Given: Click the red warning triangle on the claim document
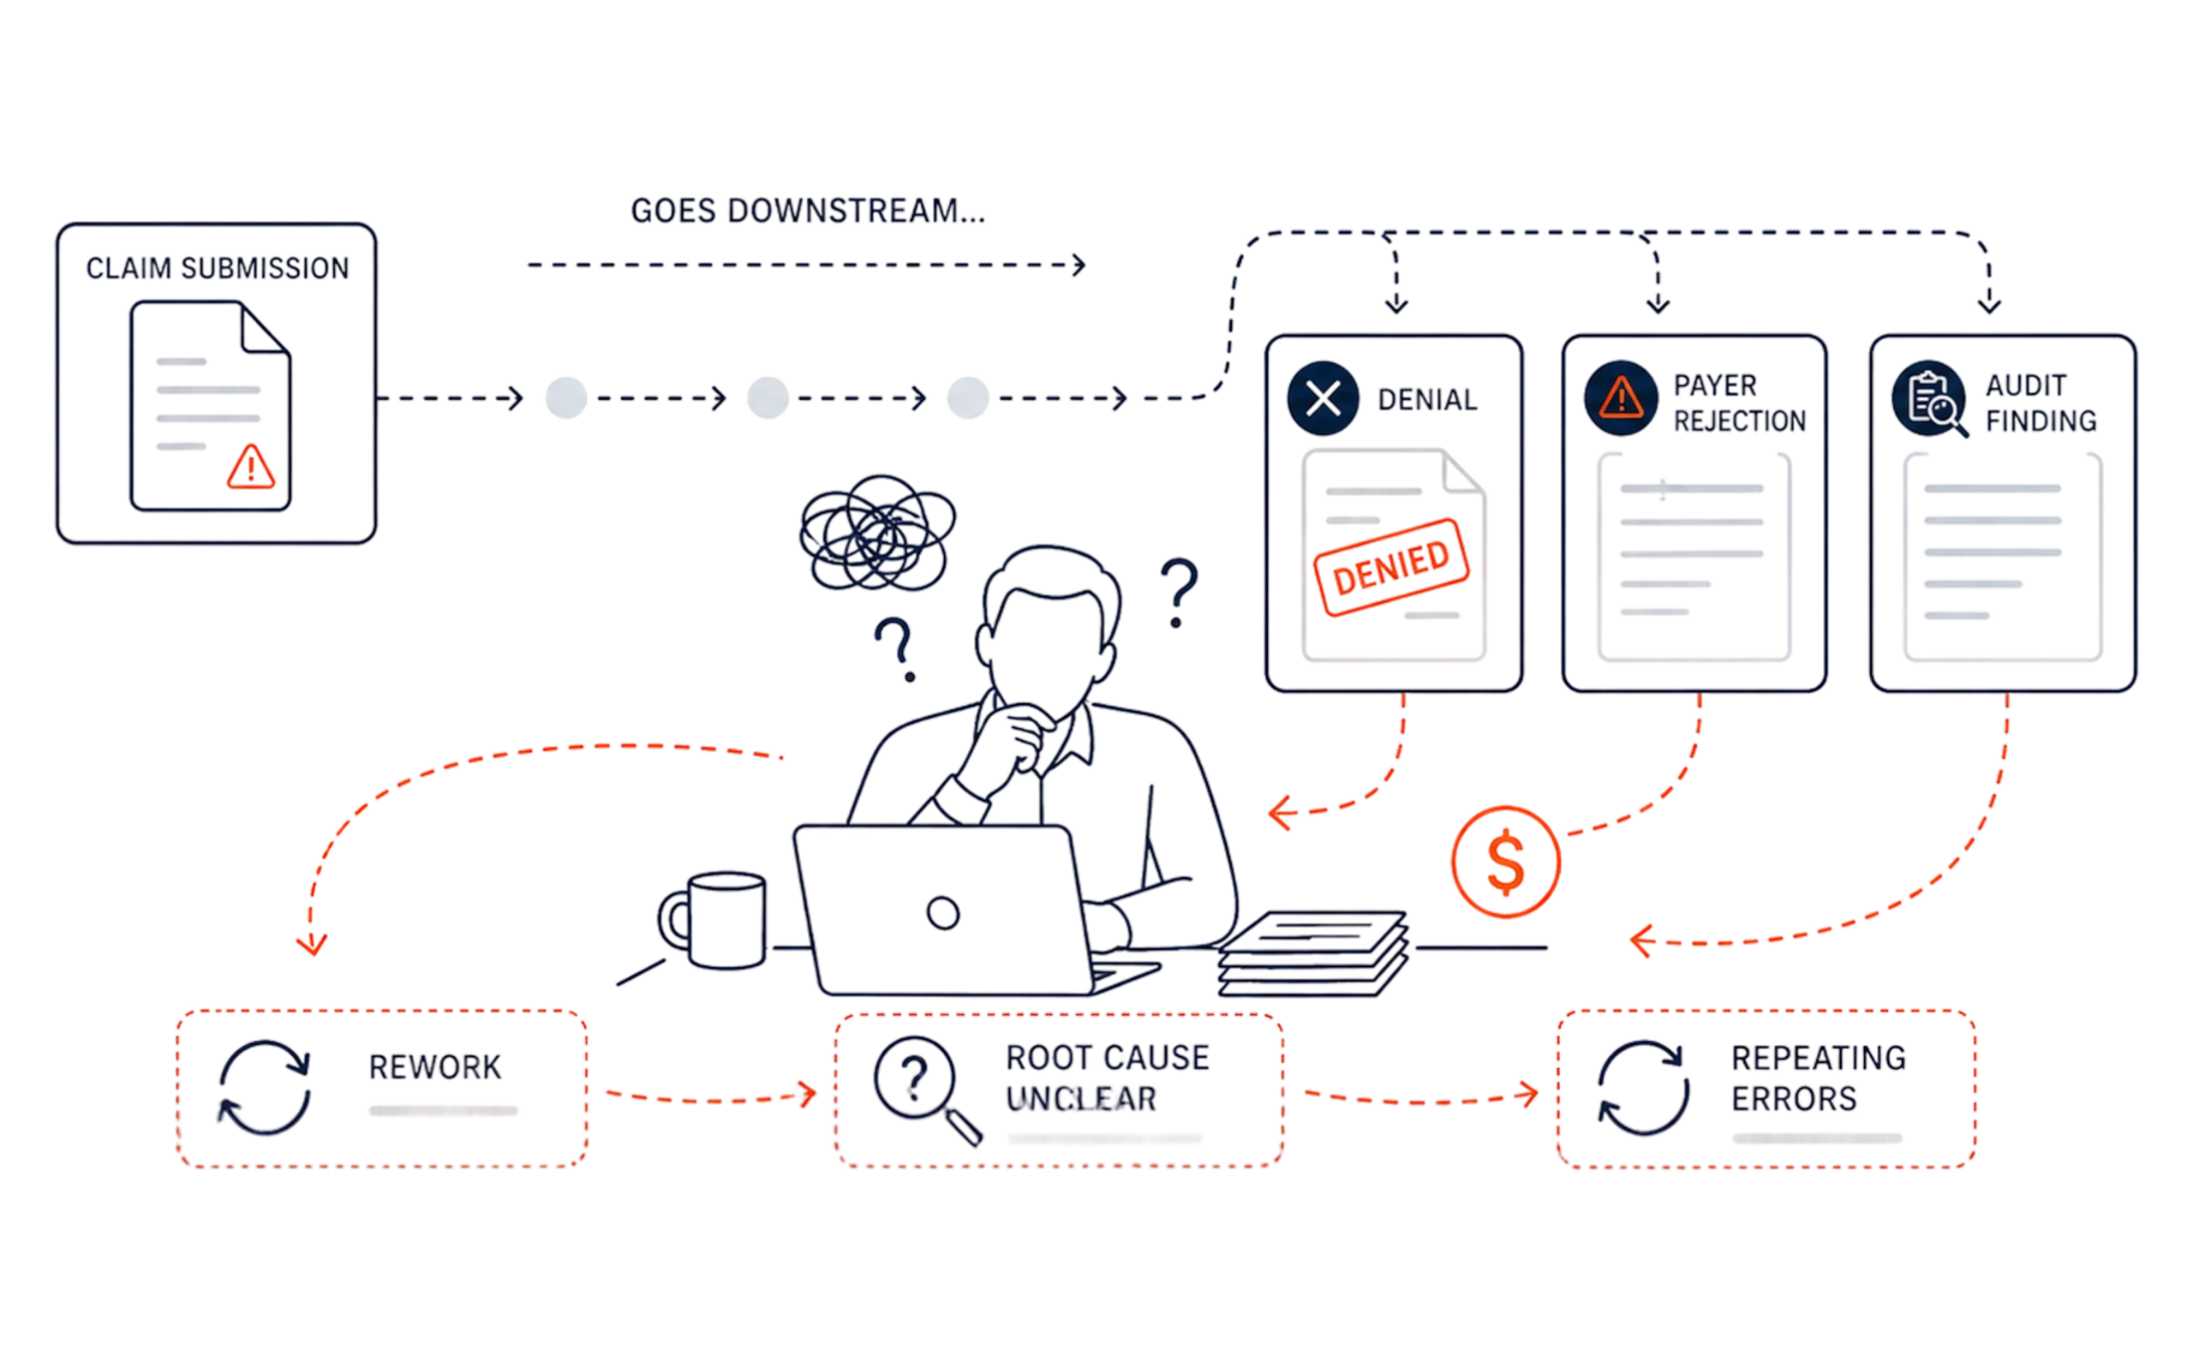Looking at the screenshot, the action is [250, 467].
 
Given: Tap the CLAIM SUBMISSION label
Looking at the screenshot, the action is [218, 269].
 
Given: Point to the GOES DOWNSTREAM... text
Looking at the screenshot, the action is [808, 211].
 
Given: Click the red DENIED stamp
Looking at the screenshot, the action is [1392, 567].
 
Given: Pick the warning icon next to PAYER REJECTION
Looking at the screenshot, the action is [1621, 397].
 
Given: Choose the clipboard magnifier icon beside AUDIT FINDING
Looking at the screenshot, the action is [1929, 400].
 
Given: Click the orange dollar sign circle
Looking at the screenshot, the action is [1506, 862].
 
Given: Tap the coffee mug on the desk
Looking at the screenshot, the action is [714, 921].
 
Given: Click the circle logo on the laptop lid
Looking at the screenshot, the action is [943, 913].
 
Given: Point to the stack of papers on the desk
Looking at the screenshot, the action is [1312, 953].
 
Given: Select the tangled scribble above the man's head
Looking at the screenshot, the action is [877, 533].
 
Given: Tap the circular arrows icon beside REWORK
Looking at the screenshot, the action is [265, 1088].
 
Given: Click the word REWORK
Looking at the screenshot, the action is [435, 1068].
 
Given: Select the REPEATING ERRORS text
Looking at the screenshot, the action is [1819, 1078].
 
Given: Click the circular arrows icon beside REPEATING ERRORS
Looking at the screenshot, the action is [1643, 1088].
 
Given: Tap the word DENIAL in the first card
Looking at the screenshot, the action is [1427, 400].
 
